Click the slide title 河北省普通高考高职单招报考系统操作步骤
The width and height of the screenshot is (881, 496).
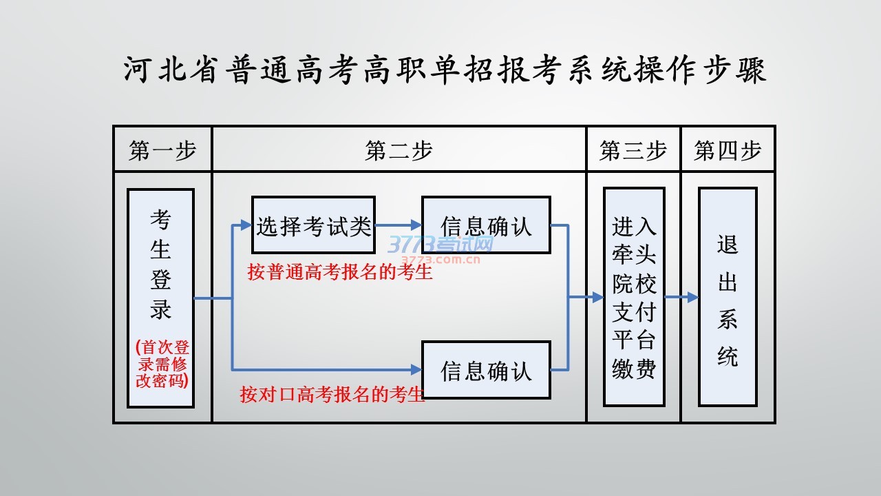click(445, 70)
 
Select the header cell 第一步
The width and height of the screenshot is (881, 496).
click(162, 150)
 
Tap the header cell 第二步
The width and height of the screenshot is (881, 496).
click(399, 150)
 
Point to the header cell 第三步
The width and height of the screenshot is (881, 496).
click(633, 150)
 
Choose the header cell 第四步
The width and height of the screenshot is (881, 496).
click(728, 150)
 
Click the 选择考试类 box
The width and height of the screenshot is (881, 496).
click(313, 225)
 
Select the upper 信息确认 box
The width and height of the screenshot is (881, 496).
click(486, 225)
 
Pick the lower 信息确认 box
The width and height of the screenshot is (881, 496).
click(486, 370)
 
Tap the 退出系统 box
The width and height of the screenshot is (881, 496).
click(728, 297)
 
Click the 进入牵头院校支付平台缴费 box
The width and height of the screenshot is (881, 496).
click(634, 297)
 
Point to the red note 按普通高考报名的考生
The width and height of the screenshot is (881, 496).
click(340, 272)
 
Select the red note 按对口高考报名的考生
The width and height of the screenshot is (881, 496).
click(332, 395)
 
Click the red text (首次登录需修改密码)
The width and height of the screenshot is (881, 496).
click(162, 364)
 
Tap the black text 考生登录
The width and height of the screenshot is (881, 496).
click(160, 265)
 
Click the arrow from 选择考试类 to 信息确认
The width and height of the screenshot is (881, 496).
click(399, 225)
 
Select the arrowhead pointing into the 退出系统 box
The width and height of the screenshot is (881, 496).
click(692, 298)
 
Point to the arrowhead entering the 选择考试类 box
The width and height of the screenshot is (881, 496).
click(246, 225)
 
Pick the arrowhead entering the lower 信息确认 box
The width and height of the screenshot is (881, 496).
click(416, 370)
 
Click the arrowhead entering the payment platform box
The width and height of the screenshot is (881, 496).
click(597, 298)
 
